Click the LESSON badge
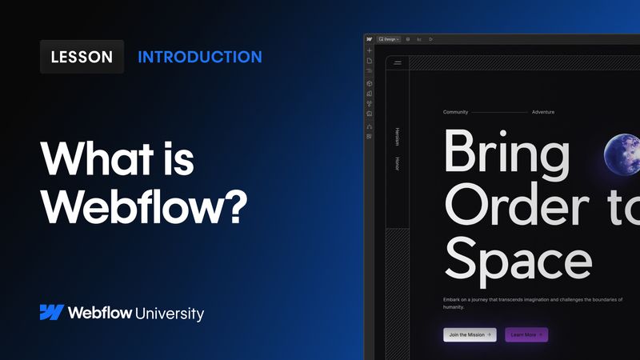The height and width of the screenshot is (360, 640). click(x=82, y=57)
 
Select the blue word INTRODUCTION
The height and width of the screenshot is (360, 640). click(x=200, y=57)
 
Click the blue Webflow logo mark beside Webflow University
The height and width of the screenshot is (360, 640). click(x=51, y=313)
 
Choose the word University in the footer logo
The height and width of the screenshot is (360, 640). click(x=169, y=314)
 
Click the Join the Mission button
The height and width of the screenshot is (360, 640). click(x=470, y=334)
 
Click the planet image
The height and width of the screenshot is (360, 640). click(x=622, y=152)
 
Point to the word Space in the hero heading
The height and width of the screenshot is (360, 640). click(x=518, y=259)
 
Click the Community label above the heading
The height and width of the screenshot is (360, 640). click(x=456, y=112)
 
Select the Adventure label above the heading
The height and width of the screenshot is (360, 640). click(x=543, y=112)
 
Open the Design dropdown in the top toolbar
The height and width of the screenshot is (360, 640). click(x=390, y=38)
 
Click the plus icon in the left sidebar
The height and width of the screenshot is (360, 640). click(x=370, y=50)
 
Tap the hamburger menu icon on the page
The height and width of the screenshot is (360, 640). click(x=398, y=62)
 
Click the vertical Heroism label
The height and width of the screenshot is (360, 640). click(x=397, y=136)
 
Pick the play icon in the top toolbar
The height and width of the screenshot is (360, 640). click(x=430, y=38)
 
